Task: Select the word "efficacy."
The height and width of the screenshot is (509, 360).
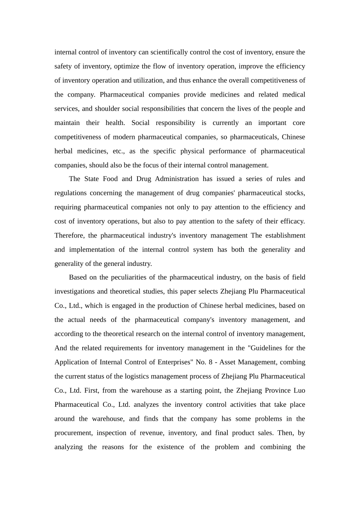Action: coord(293,221)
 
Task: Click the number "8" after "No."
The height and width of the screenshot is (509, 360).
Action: coord(210,362)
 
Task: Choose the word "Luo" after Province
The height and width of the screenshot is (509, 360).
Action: coord(299,390)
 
